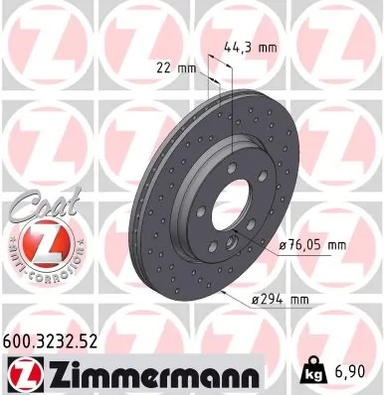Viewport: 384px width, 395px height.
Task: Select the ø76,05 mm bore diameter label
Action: coord(312,245)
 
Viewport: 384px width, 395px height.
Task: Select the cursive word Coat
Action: coord(38,205)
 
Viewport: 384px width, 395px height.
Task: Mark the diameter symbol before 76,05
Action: coord(282,245)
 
